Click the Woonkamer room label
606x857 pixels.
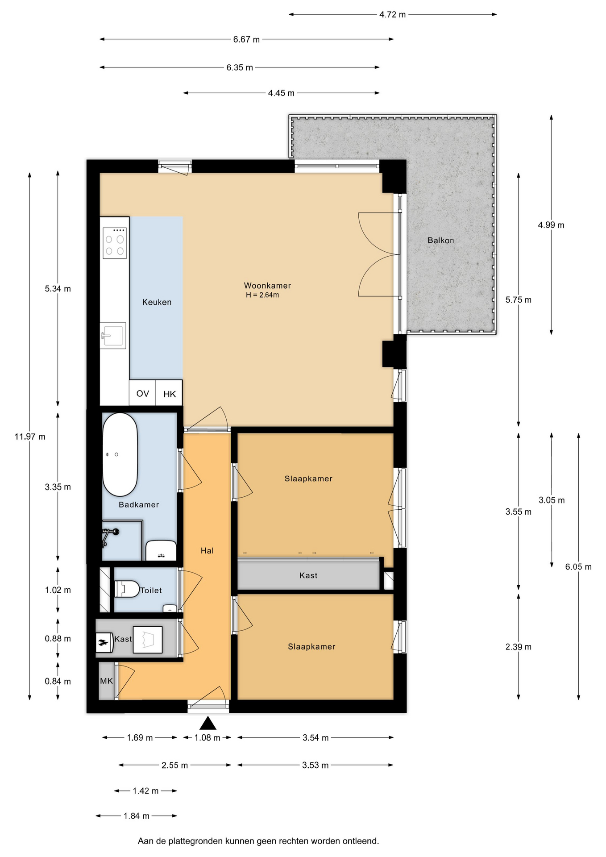pos(267,286)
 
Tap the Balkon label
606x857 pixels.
pos(441,240)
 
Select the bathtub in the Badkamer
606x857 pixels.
pos(120,454)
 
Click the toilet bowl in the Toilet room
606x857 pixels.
pos(127,589)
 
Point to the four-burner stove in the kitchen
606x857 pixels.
pos(115,243)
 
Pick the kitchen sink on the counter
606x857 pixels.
pos(112,335)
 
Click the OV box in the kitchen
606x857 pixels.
pos(142,393)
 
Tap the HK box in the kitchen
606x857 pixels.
pos(170,394)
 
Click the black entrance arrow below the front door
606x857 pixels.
pos(208,723)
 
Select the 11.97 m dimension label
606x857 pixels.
pos(30,437)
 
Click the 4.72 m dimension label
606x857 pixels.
pos(393,14)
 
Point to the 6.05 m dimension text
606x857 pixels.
pos(578,567)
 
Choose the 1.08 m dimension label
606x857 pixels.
pos(208,738)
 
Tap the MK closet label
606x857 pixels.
pos(107,681)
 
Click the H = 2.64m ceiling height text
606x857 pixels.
pos(262,295)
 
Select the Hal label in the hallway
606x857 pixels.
pos(207,551)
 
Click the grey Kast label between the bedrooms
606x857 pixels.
pos(308,575)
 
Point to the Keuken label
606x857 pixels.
pos(157,302)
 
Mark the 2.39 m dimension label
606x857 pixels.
pos(519,647)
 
